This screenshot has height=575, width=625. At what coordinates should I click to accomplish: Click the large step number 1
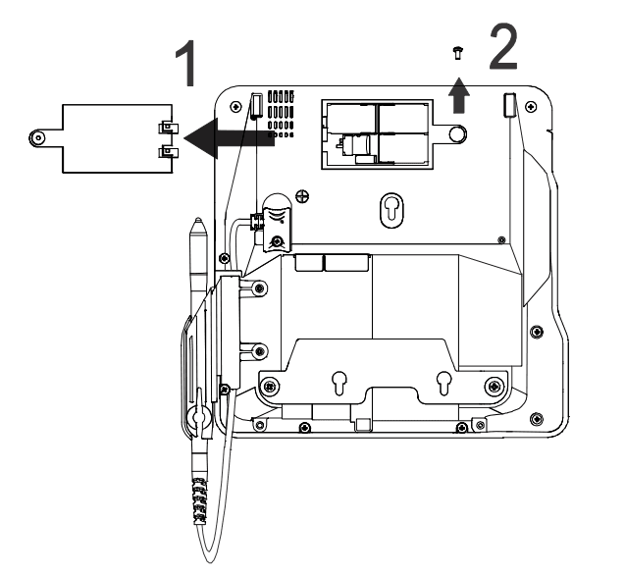[187, 64]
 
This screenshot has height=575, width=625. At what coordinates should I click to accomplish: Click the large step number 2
[503, 47]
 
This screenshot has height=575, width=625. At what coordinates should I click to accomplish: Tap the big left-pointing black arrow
[230, 138]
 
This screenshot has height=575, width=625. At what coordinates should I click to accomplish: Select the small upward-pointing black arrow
[459, 96]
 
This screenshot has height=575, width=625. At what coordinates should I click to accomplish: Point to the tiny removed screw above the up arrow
[457, 53]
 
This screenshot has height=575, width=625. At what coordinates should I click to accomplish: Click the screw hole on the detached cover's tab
[38, 138]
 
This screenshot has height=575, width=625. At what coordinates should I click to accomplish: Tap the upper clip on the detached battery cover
[168, 128]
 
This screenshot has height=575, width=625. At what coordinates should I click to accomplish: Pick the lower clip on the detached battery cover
[168, 152]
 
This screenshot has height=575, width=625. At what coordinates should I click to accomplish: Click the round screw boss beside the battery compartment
[457, 133]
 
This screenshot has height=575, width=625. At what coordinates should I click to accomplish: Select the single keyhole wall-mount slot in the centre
[391, 210]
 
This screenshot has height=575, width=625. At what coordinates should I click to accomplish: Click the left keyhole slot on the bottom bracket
[339, 383]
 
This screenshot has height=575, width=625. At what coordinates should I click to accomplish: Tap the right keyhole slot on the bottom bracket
[443, 383]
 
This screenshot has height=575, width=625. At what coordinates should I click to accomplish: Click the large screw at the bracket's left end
[270, 386]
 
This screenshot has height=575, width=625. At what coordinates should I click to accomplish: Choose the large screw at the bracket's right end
[495, 386]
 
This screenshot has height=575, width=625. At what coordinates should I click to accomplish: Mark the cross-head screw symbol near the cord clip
[303, 196]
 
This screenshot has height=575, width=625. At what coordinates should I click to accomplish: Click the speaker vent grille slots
[281, 114]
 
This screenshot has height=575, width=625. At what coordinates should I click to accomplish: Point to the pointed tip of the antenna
[198, 220]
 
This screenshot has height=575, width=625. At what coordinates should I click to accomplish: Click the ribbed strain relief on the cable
[200, 501]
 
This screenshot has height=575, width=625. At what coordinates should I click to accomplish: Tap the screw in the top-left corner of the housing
[235, 107]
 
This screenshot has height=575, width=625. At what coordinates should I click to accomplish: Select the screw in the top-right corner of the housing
[531, 107]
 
